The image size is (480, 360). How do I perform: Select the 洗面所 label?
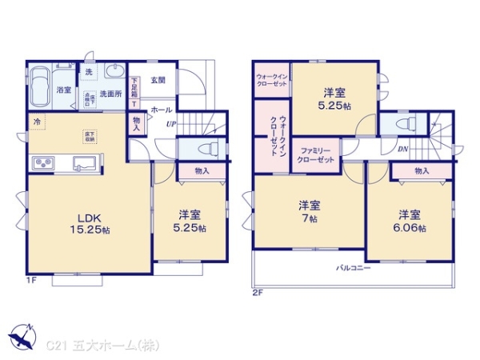point(110,94)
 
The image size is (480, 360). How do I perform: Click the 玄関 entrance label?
point(157,80)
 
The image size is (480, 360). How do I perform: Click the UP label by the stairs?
point(171,124)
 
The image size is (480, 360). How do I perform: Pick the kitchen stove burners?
point(42,165)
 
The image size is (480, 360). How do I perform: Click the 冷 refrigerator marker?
point(36,121)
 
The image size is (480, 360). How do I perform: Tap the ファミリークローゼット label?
point(317,154)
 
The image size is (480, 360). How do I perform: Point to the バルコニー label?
point(353,267)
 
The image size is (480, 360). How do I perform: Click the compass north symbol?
point(22,336)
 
